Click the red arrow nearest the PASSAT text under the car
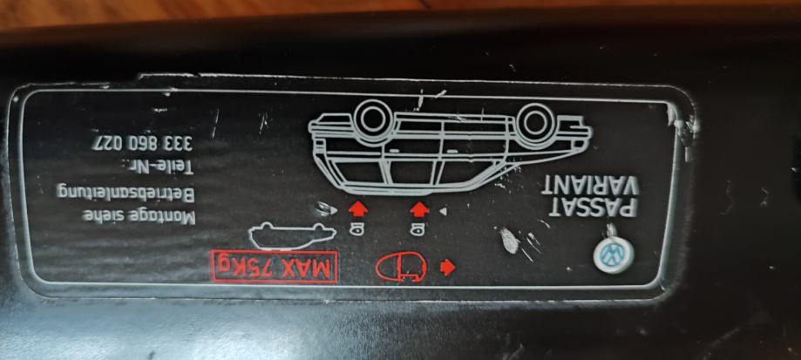[x=419, y=209]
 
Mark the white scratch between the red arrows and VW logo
[x=508, y=239]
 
